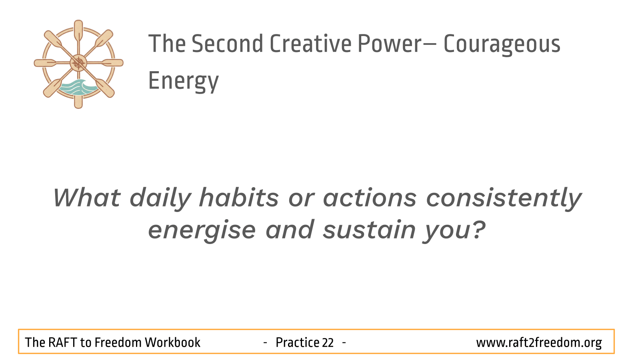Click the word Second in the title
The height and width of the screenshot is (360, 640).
tap(227, 44)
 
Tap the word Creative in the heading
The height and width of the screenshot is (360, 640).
tap(310, 44)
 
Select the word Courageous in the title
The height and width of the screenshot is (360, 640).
tap(502, 45)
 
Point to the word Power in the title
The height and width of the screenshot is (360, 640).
tap(390, 44)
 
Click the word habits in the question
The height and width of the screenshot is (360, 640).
tap(239, 197)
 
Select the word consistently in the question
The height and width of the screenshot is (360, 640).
tap(504, 199)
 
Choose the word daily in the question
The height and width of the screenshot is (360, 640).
tap(160, 199)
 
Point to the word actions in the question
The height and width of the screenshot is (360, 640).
tap(370, 198)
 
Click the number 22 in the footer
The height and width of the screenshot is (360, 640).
tap(328, 342)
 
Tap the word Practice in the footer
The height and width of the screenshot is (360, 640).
tap(297, 342)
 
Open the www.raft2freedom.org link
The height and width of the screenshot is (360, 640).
tap(539, 343)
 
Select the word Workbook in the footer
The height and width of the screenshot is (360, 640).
tap(172, 342)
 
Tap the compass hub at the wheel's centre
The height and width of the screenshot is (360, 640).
tap(78, 63)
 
